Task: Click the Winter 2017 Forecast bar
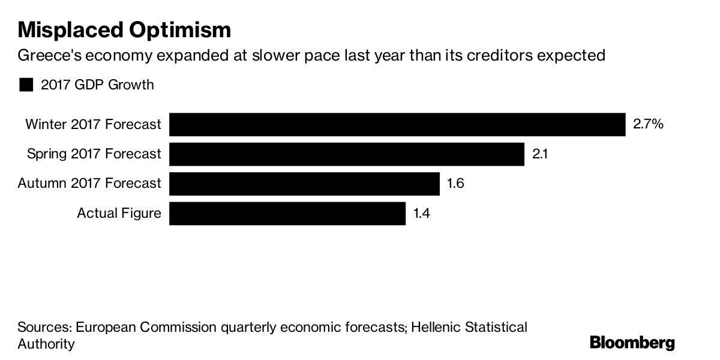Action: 397,124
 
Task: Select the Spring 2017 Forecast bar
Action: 347,154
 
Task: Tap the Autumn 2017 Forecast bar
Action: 304,184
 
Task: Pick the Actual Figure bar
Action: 287,213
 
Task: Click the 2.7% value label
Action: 648,124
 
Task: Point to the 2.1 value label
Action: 541,154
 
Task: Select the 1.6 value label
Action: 455,184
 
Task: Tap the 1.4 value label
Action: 422,213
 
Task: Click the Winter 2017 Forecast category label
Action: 93,124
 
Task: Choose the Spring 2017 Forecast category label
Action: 94,154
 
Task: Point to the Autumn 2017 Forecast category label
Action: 89,184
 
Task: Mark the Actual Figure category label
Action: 119,213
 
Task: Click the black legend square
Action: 26,85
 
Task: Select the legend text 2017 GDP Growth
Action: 97,85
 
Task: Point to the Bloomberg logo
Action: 632,343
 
